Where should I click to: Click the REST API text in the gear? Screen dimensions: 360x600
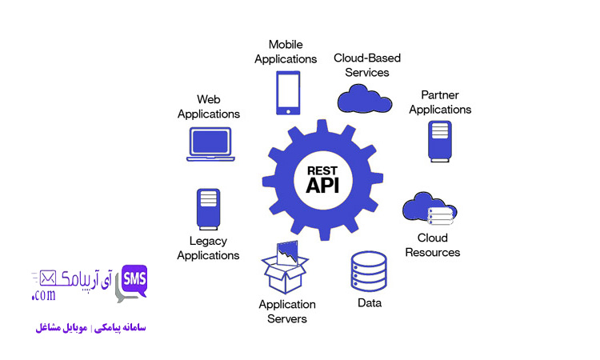pos(323,178)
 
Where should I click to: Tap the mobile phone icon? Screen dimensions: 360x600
pos(289,93)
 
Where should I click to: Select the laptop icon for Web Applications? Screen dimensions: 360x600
pos(210,144)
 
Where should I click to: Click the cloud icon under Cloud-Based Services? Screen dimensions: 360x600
pos(365,99)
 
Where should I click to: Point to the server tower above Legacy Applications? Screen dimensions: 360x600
pos(207,209)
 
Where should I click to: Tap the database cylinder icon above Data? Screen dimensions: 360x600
pos(369,271)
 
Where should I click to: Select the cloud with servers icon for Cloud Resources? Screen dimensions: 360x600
pos(430,210)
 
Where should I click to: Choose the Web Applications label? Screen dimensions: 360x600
pos(209,106)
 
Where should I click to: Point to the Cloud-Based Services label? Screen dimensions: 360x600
pos(367,65)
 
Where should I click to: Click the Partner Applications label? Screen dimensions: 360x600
pos(440,102)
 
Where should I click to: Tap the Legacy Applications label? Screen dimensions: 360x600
pos(208,248)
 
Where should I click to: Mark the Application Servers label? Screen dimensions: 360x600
pos(287,311)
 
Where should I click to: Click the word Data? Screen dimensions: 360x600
pos(369,303)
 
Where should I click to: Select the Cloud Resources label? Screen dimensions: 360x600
pos(433,245)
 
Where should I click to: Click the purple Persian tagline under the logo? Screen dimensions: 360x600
pos(90,327)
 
